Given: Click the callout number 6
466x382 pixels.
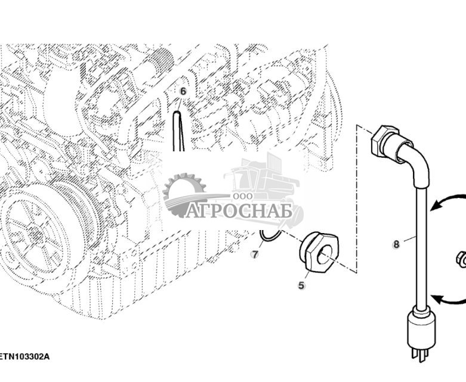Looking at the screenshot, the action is tap(183, 91).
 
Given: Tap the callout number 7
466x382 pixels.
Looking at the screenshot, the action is tap(255, 254).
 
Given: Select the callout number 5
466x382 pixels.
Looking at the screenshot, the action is tap(301, 285).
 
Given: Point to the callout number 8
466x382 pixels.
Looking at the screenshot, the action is tap(396, 244).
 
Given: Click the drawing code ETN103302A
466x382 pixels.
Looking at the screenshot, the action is tap(24, 356).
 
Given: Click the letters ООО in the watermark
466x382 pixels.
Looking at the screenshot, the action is tap(243, 196).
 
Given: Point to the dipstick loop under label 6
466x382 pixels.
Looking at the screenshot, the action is tap(178, 131).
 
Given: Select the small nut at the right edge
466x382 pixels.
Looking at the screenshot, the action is tap(461, 259).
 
